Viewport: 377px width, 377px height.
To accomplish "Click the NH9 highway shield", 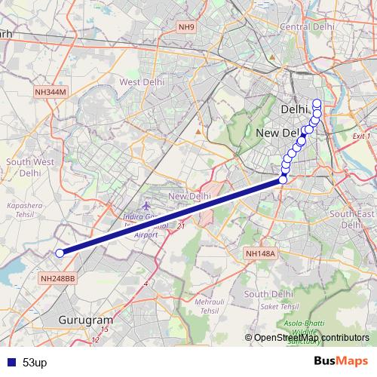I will coord(186,28).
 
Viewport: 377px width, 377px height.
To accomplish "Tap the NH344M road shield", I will coord(51,91).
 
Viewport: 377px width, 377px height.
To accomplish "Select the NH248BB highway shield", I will coord(58,278).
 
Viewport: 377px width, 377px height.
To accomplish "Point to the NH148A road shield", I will coord(262,254).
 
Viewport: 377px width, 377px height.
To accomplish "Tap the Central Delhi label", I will coord(307,26).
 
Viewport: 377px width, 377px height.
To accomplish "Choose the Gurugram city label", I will coord(85,320).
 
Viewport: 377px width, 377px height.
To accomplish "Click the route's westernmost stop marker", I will coord(60,253).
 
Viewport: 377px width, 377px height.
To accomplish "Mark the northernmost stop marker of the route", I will coord(317,103).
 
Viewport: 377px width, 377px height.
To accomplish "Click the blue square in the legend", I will coord(9,363).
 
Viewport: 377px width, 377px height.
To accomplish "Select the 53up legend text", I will coord(35,363).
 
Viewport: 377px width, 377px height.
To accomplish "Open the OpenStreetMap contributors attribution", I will coord(311,338).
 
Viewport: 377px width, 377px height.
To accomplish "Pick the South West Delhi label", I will coord(29,167).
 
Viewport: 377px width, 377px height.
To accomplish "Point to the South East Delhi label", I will coord(347,219).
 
